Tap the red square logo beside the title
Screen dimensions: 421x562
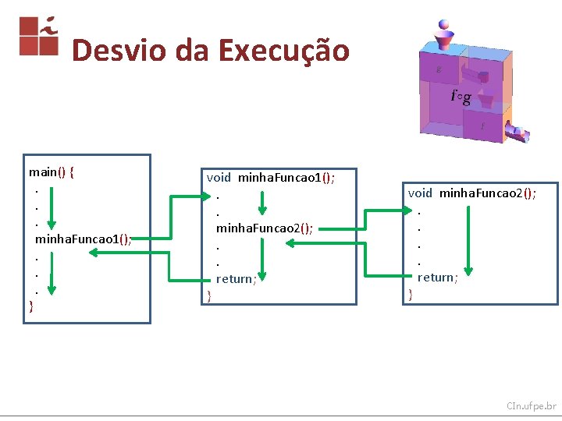click(x=39, y=36)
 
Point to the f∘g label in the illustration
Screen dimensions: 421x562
click(x=461, y=96)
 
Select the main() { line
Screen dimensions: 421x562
click(x=52, y=172)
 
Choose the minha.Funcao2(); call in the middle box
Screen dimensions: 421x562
click(x=265, y=228)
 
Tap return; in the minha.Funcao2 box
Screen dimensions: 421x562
click(x=437, y=278)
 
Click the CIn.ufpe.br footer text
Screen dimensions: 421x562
click(x=531, y=406)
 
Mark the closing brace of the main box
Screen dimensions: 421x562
click(x=31, y=305)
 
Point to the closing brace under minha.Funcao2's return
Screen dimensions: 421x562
click(x=411, y=294)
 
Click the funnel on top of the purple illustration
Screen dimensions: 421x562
click(x=446, y=37)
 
